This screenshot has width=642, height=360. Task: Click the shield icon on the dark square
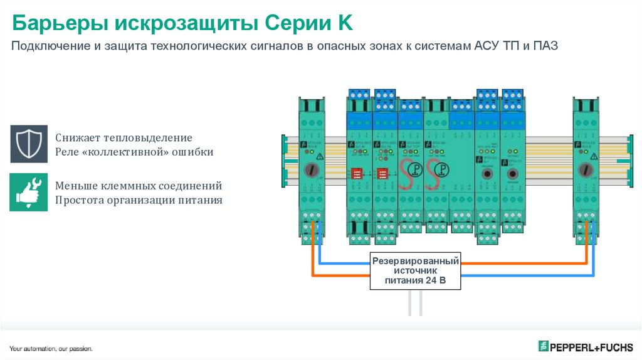(x=29, y=144)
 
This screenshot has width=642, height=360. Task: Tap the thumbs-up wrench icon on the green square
(x=29, y=192)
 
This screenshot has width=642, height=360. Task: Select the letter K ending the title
(x=345, y=24)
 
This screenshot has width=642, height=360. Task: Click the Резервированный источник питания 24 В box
(x=414, y=270)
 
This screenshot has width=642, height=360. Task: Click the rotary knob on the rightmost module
(x=586, y=169)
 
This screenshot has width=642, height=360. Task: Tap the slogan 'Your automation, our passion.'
(x=51, y=348)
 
